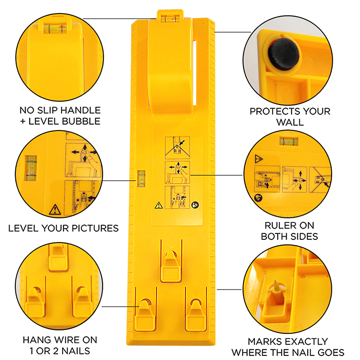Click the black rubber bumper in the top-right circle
click(x=283, y=54)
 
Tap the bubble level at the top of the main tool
click(x=170, y=18)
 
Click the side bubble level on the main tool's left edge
click(x=141, y=179)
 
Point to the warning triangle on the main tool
click(x=159, y=205)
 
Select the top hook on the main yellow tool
click(x=171, y=266)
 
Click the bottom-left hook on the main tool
click(x=145, y=315)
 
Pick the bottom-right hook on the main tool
click(x=196, y=315)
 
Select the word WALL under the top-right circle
click(x=290, y=122)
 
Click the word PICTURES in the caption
click(x=95, y=228)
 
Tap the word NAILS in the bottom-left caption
click(x=76, y=351)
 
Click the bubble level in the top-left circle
click(x=55, y=29)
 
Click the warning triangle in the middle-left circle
click(x=55, y=210)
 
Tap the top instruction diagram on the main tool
click(x=177, y=148)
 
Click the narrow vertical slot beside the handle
click(x=195, y=73)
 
